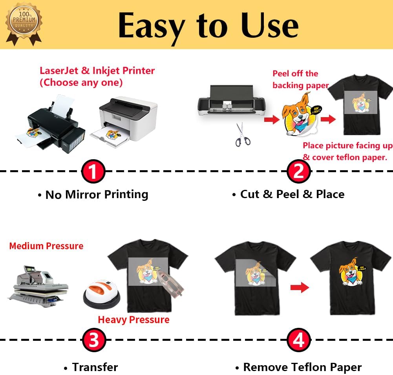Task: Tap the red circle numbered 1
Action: [x=93, y=171]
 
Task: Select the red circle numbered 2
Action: [x=299, y=172]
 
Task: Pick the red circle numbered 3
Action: [x=93, y=340]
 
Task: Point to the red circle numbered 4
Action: [x=299, y=340]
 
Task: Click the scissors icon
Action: [x=242, y=134]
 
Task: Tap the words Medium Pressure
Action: [x=46, y=246]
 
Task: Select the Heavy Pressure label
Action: [x=133, y=320]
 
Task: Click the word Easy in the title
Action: [x=151, y=25]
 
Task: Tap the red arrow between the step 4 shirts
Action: [x=300, y=288]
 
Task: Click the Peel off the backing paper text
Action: [x=300, y=79]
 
